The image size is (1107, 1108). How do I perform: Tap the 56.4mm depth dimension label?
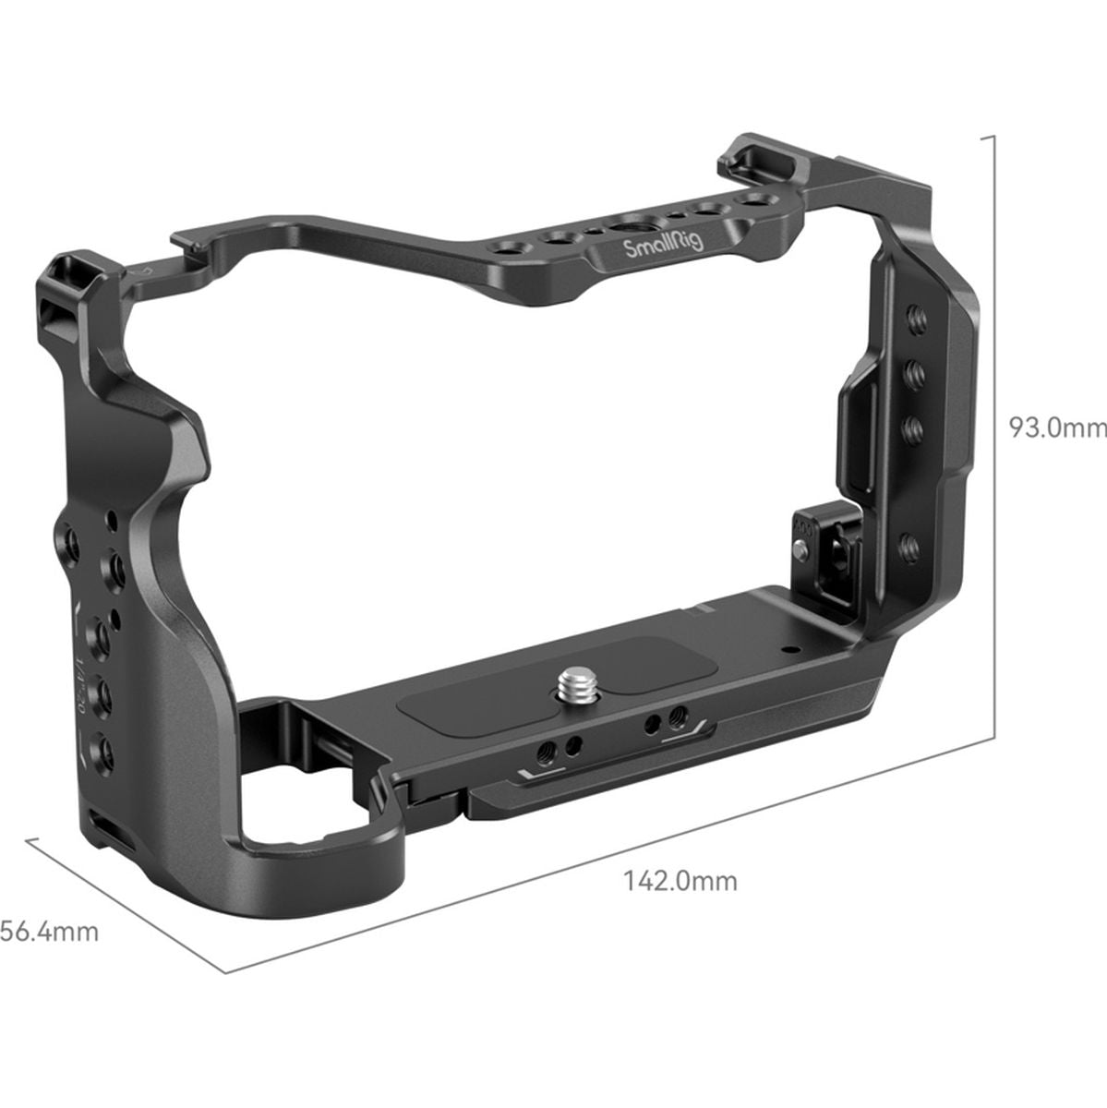click(49, 932)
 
